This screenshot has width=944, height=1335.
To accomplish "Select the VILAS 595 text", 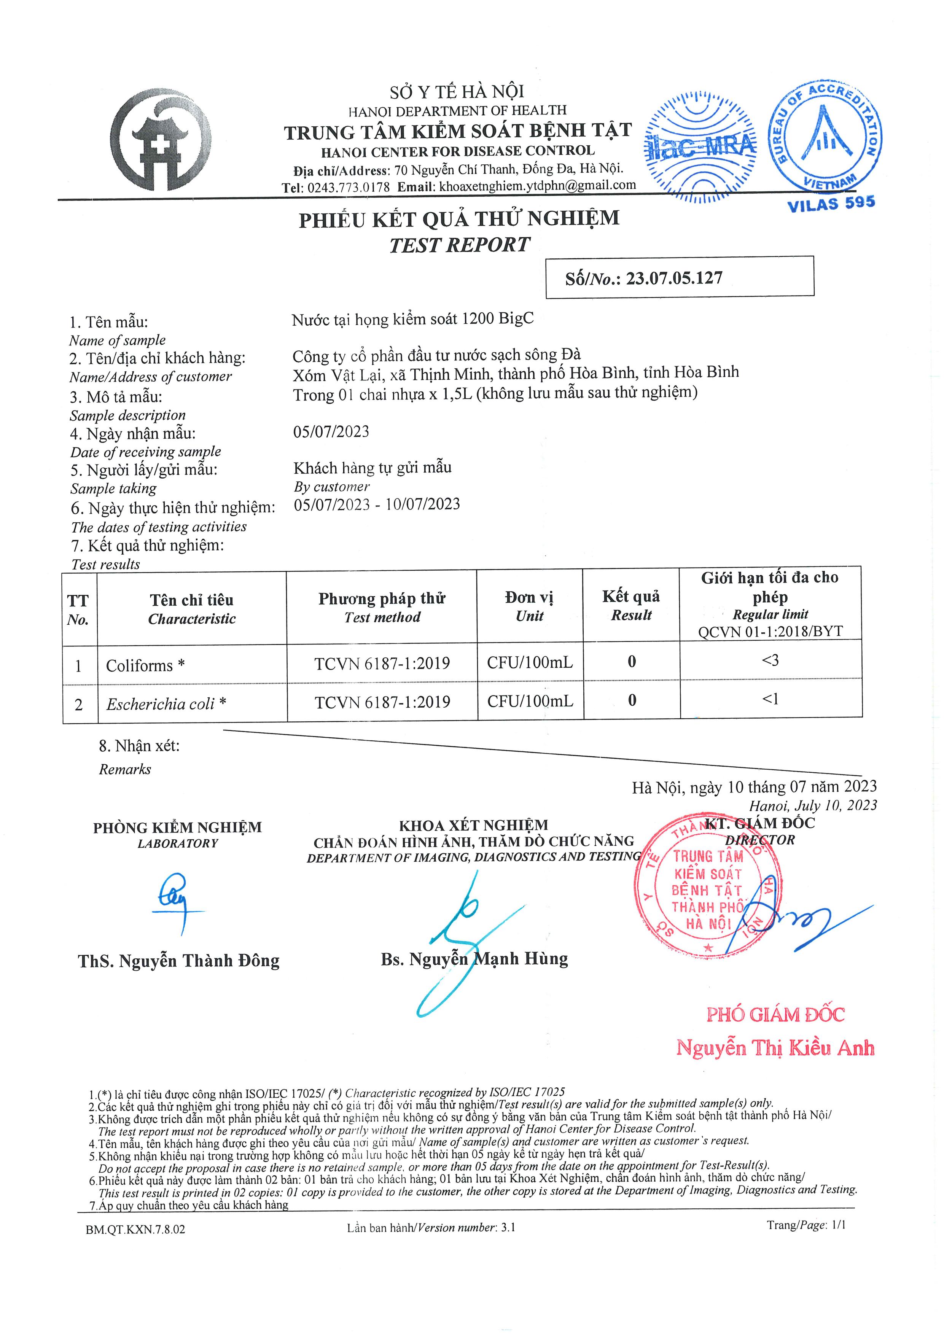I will (831, 204).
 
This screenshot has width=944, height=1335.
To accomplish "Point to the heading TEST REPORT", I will (460, 245).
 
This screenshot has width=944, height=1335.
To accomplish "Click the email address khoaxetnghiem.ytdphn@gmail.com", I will (537, 186).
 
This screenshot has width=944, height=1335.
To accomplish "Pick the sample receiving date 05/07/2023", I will (331, 431).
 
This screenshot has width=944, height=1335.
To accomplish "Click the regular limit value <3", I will (770, 660).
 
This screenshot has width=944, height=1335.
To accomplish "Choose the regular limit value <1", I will (770, 699).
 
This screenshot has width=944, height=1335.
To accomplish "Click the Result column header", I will (631, 605).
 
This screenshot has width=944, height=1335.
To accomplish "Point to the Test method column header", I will (382, 608).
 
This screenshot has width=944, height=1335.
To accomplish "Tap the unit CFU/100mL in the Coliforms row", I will (530, 662).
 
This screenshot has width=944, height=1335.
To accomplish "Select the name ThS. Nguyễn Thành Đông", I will (178, 961).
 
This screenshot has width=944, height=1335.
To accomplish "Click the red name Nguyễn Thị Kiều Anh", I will (775, 1048).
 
